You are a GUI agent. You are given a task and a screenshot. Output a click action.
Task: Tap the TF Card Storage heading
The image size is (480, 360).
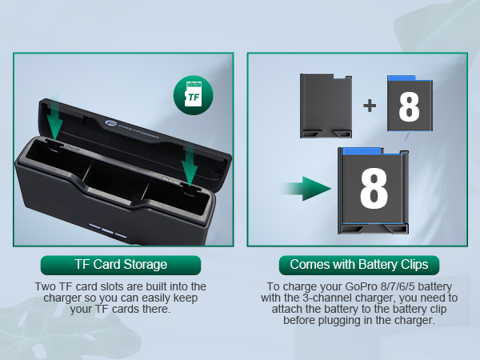(120, 265)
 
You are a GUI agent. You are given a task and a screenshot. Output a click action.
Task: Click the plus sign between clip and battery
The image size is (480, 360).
(370, 105)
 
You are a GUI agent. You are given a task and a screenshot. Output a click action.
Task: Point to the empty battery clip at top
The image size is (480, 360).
(329, 103)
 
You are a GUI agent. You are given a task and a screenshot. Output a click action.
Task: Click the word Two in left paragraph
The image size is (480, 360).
(47, 286)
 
